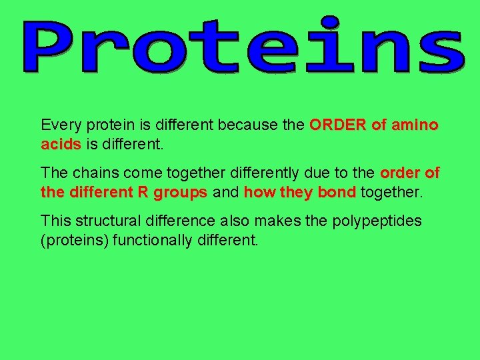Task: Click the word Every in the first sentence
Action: [x=59, y=125]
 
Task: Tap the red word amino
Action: [x=415, y=125]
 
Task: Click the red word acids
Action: [x=61, y=144]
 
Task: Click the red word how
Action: [x=257, y=193]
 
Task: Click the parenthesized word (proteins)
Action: [x=75, y=240]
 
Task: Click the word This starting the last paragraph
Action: [x=55, y=221]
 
